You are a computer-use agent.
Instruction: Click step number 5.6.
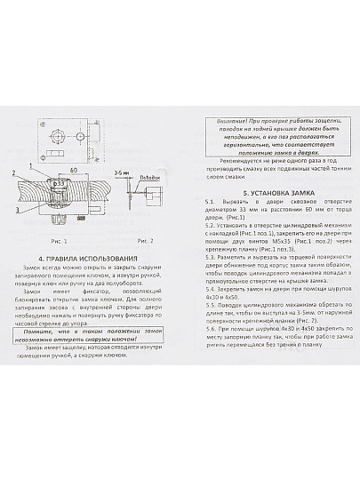coord(209,337)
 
